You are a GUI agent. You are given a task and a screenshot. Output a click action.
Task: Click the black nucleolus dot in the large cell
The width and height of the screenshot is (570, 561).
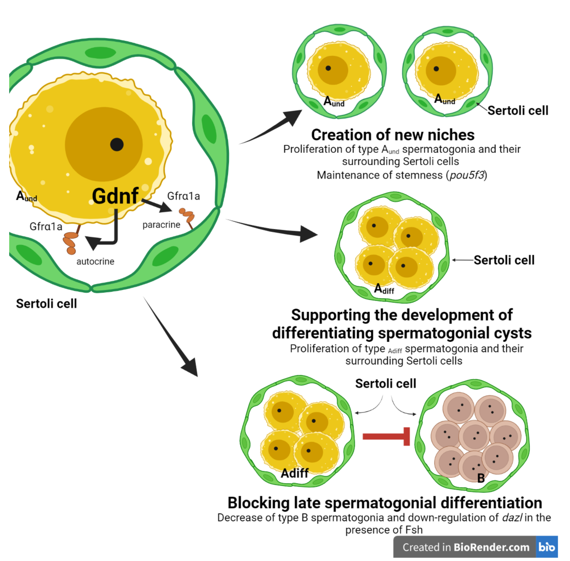click(117, 144)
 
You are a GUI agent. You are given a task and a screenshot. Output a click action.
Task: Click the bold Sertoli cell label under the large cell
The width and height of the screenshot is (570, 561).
click(46, 304)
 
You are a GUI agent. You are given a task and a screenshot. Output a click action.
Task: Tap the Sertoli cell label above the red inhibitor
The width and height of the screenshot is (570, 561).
click(385, 384)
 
